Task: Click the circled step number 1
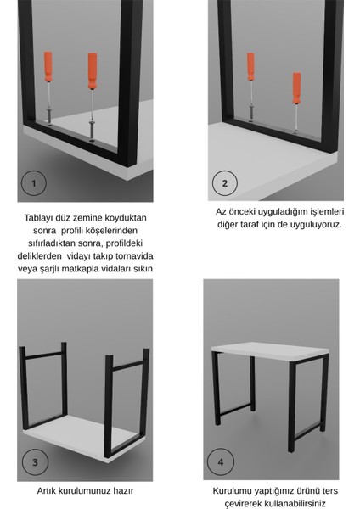coord(34,183)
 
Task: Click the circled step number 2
coord(224,183)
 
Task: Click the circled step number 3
coord(35,463)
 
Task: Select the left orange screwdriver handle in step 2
coord(250,66)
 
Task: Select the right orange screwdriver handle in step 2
coord(296,86)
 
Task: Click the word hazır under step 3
coord(121,490)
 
